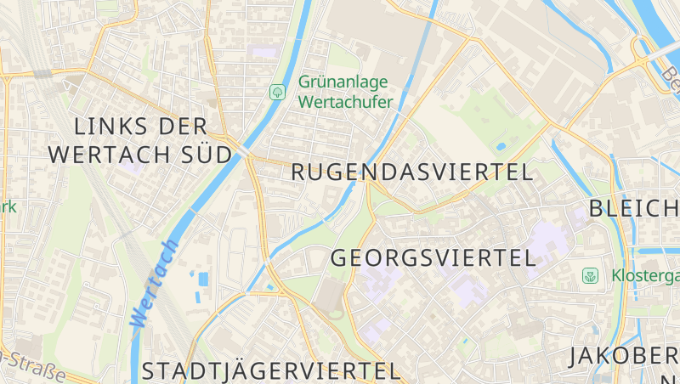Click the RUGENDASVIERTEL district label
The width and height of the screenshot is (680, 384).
(412, 172)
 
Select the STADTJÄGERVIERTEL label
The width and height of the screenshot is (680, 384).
(270, 371)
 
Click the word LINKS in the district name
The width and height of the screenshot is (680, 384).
(104, 127)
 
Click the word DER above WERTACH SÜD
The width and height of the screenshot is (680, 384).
(183, 127)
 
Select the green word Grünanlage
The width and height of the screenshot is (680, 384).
(343, 82)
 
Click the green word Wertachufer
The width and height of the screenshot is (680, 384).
(345, 103)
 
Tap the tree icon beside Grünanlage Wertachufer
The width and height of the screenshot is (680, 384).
(277, 92)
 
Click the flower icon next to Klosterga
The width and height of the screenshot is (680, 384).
(590, 275)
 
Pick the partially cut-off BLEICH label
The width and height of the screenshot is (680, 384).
(633, 209)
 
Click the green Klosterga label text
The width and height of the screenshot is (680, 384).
(644, 276)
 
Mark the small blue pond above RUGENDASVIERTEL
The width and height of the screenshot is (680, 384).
(500, 145)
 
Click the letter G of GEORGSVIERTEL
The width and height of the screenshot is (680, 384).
(340, 258)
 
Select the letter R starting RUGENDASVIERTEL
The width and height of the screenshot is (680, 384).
(299, 172)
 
